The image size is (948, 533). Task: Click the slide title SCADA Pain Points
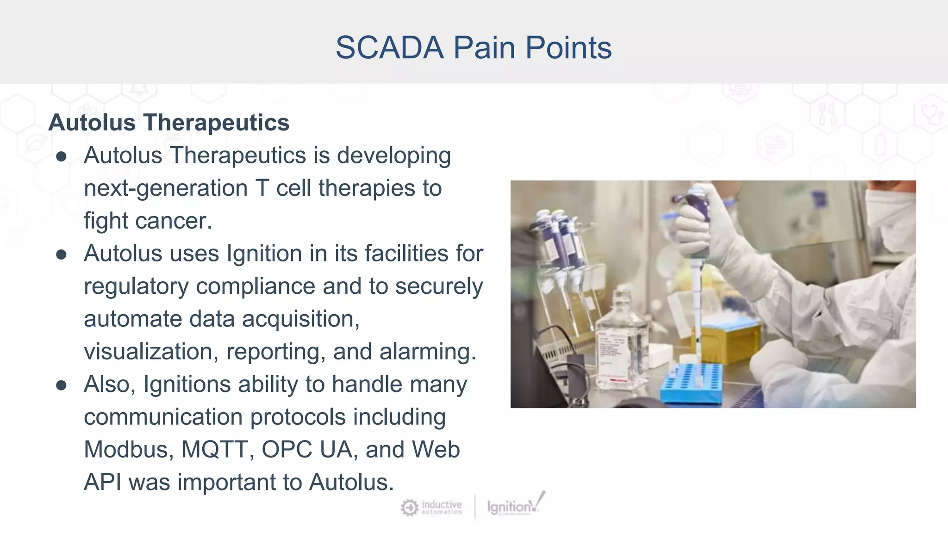(473, 48)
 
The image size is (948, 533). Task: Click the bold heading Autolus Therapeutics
(168, 123)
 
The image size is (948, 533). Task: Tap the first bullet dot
(61, 157)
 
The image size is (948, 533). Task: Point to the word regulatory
(136, 287)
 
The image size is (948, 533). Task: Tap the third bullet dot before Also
(61, 385)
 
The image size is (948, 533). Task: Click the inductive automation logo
(431, 507)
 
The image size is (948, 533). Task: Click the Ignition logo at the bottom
(515, 506)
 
